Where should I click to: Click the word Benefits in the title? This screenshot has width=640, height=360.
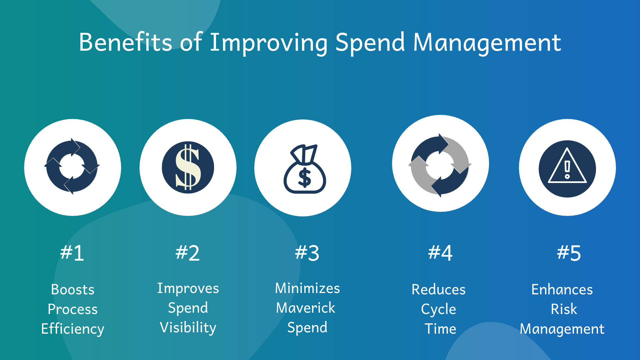point(125,42)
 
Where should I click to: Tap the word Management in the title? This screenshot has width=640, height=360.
point(487,43)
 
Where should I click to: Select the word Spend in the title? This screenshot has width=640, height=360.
point(370,43)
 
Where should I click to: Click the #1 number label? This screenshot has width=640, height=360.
point(72,253)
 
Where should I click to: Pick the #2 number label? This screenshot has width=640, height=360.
point(188,253)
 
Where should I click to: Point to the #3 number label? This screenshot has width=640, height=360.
point(307,253)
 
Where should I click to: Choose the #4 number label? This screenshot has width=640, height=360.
point(440,253)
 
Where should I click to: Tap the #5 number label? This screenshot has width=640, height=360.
point(569,253)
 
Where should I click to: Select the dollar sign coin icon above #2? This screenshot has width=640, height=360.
point(188,167)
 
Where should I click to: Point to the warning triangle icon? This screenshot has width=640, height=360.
point(567,169)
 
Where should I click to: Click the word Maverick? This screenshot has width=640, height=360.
point(306,308)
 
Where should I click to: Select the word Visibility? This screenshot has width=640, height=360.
point(188,328)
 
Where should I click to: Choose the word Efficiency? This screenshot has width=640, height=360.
point(73,329)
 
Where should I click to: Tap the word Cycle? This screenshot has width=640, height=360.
point(439,309)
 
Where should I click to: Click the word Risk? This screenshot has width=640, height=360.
point(564,309)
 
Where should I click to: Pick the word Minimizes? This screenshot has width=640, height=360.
point(307,288)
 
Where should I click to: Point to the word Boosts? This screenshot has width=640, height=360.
point(73,289)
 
